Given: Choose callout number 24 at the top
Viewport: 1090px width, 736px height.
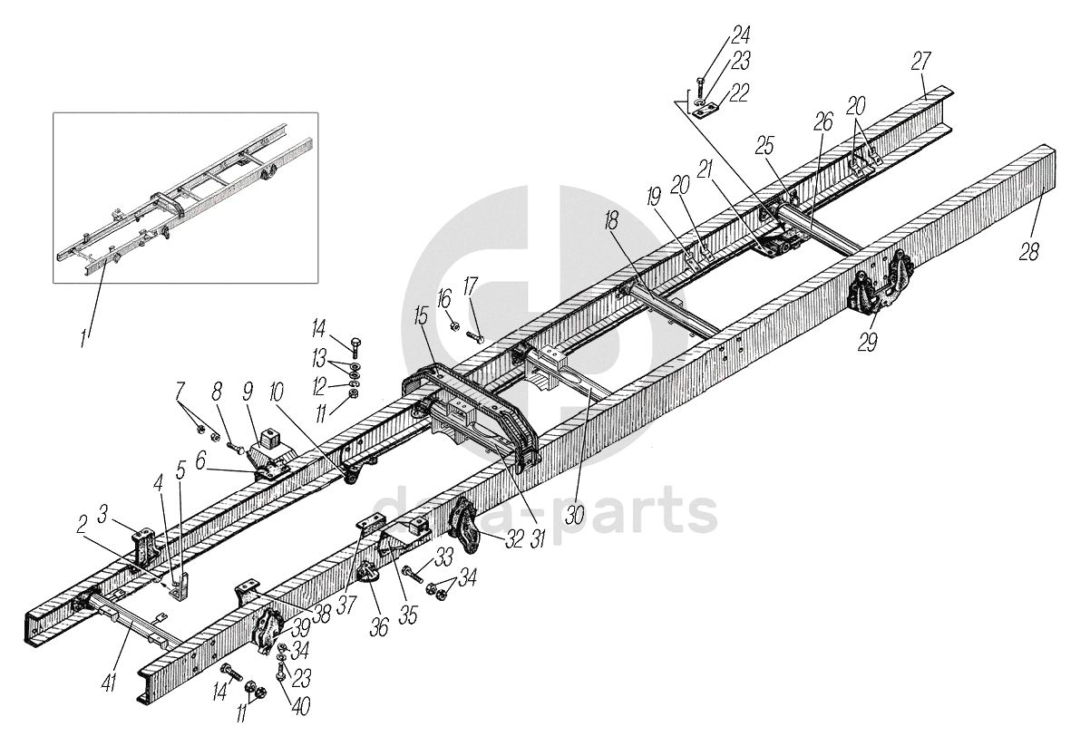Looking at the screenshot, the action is (x=740, y=37).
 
